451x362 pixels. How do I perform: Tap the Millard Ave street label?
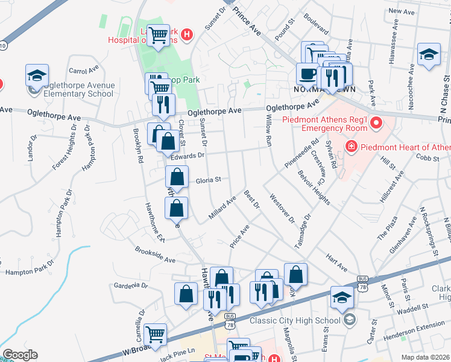tap(222, 208)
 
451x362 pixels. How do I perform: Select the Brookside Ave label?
tap(155, 254)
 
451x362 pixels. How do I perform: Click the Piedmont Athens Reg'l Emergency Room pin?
tap(377, 124)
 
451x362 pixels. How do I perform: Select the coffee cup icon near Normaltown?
tap(307, 74)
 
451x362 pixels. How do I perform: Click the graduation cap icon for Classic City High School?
tap(342, 297)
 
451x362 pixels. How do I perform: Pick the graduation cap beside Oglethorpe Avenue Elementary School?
tap(37, 75)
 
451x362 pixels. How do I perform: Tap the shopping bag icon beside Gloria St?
tap(177, 177)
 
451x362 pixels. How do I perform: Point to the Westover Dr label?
tap(282, 208)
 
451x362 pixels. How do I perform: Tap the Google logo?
tap(20, 355)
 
